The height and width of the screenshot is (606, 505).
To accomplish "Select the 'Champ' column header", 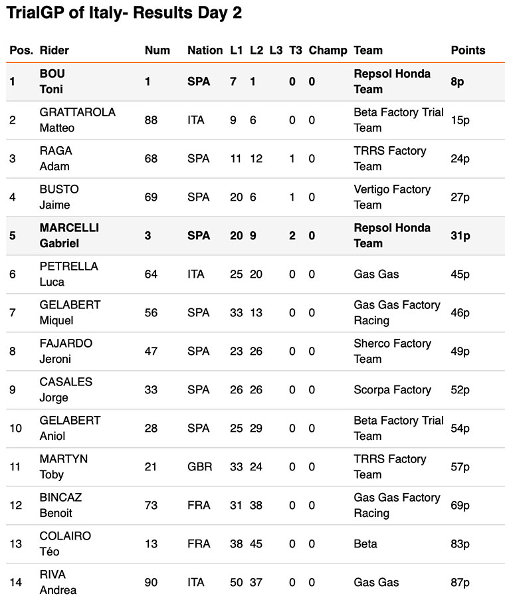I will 328,50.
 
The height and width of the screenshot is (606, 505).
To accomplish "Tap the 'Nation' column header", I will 205,50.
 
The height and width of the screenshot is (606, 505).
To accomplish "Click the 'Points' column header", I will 468,50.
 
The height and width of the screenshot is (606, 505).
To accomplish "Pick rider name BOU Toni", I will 52,81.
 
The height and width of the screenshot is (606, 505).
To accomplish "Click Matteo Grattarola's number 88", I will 151,120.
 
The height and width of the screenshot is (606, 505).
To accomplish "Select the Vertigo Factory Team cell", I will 391,197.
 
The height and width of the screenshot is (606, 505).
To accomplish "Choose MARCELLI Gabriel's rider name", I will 69,235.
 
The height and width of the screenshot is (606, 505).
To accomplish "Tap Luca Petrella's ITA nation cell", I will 196,274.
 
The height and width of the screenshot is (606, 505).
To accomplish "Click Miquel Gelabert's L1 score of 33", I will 236,312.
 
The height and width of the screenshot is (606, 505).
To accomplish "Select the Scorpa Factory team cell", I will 392,389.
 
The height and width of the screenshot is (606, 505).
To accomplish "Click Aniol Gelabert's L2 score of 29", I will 256,428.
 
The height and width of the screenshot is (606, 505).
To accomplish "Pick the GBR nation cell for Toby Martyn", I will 199,466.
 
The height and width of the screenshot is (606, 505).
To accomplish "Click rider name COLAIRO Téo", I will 65,544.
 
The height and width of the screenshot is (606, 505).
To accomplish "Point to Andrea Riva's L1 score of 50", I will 236,582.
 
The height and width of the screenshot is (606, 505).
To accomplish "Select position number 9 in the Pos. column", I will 13,389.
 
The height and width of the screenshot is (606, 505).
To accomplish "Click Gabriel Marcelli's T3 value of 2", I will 292,235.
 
